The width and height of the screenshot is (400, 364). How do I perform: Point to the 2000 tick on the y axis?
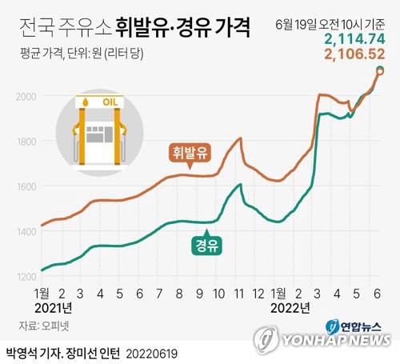pyautogui.click(x=26, y=97)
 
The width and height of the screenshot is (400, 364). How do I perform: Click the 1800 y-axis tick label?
pyautogui.click(x=26, y=142)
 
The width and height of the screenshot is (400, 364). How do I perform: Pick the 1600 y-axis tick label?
pyautogui.click(x=26, y=187)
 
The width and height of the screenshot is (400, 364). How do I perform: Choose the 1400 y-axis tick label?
pyautogui.click(x=26, y=232)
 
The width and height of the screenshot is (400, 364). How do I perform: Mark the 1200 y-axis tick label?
pyautogui.click(x=26, y=277)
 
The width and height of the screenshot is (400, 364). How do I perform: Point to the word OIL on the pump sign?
pyautogui.click(x=110, y=102)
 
